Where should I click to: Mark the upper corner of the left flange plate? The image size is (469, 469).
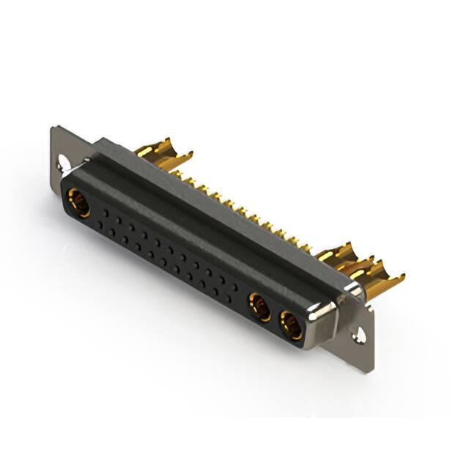(x=53, y=130)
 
